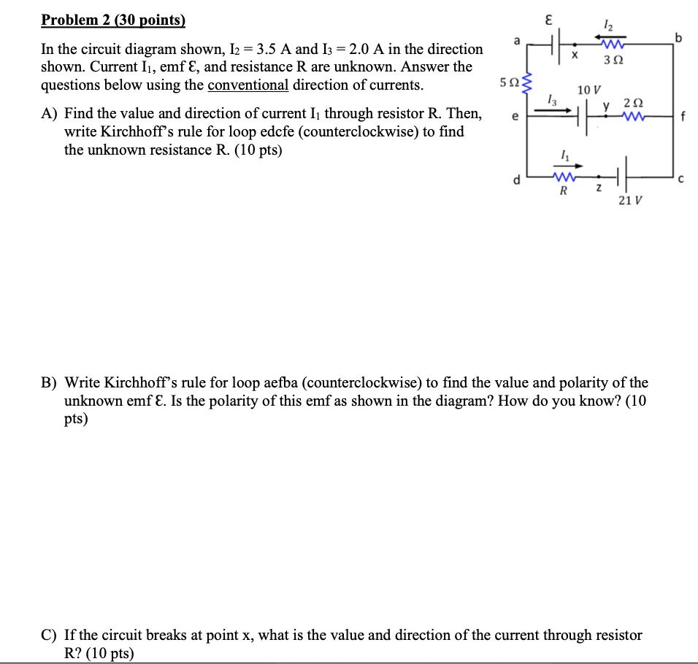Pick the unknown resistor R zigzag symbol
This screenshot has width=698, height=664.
pos(563,177)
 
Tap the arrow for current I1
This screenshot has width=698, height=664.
pos(564,166)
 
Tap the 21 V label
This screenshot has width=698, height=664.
pos(626,201)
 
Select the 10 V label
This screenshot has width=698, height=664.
pos(588,90)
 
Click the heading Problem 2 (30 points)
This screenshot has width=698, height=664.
pos(114,20)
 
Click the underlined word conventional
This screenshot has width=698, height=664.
pos(248,85)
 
